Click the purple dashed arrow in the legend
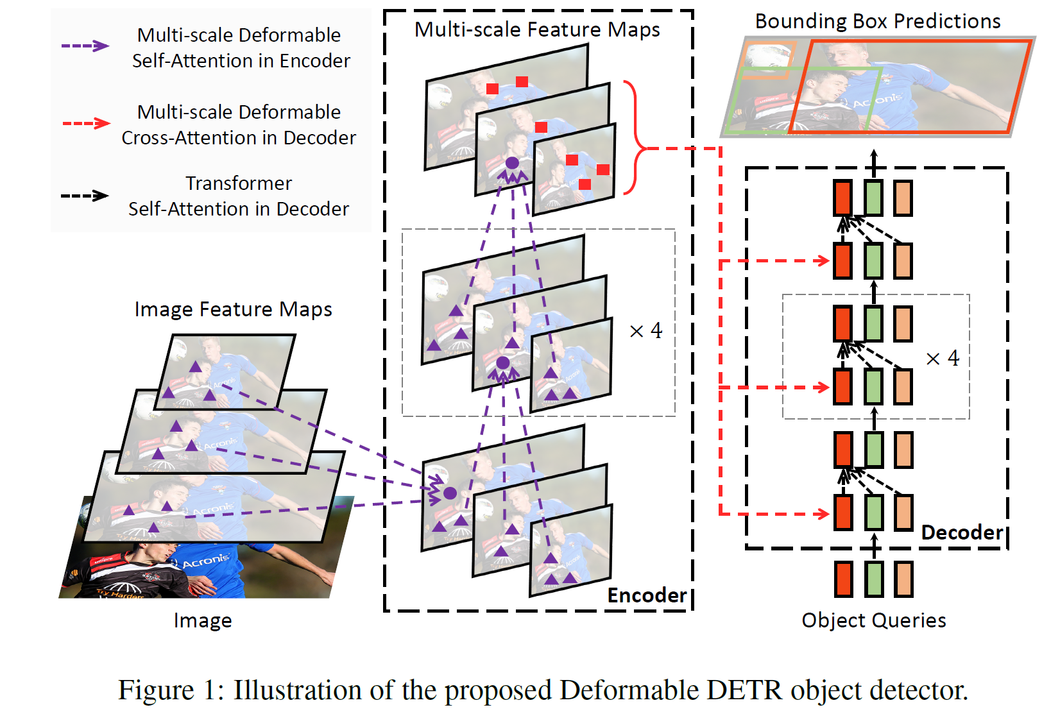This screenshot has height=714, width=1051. tap(85, 46)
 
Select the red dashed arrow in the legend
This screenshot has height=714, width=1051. tap(85, 123)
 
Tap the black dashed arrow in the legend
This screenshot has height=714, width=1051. tap(85, 196)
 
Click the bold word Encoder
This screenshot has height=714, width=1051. tap(647, 595)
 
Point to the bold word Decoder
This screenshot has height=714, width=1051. tap(962, 532)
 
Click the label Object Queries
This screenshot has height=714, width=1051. tap(873, 620)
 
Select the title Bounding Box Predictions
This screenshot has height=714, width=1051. tap(877, 21)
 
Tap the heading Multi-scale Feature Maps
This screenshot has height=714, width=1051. tap(537, 30)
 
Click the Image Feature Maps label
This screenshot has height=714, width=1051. tap(233, 309)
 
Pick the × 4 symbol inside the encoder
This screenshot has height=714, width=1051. tap(645, 331)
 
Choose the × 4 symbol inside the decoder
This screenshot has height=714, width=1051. tap(942, 358)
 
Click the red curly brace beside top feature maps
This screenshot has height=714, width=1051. tap(635, 138)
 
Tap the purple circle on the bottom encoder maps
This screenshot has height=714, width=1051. tap(450, 493)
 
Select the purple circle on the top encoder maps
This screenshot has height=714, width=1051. tap(512, 163)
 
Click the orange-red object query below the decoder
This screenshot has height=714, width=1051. tap(843, 579)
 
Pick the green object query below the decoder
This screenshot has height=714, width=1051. tap(873, 579)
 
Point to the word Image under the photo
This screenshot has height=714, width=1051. tap(203, 621)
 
